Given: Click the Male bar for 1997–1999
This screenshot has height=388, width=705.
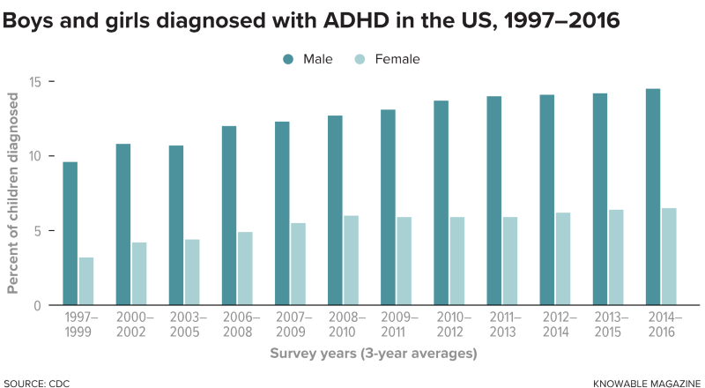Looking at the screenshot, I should coord(70,234).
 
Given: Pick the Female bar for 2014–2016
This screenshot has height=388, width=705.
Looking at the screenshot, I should coord(669,257).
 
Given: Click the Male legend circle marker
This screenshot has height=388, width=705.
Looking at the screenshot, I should coord(287,59).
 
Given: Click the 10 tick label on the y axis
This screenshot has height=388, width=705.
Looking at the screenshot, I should coord(37,156).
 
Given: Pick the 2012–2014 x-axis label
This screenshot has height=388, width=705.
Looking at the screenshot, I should coord(557,324).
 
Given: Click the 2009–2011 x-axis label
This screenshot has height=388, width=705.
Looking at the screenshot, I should coord(397,324).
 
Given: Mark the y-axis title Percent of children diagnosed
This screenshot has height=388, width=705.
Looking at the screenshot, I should coord(13,195).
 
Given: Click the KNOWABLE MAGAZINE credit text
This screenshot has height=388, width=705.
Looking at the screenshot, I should coord(645,383).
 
